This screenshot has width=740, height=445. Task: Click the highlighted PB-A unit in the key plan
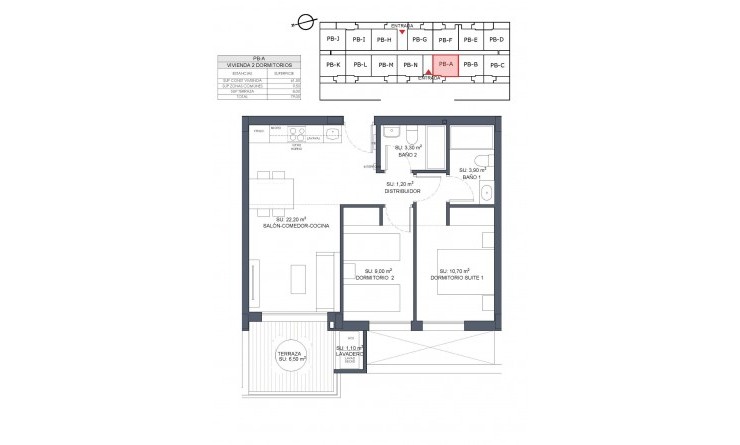point(445,65)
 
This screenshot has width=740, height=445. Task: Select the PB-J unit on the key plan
point(333,39)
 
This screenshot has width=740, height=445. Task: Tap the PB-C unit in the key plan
point(498,66)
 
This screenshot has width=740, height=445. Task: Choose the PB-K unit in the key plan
point(333,66)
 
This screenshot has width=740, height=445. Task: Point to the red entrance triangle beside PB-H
point(402,33)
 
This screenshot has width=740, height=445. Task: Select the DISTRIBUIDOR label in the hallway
point(402,190)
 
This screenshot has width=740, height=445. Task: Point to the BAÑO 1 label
point(470,176)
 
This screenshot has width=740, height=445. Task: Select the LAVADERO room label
point(350,354)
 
